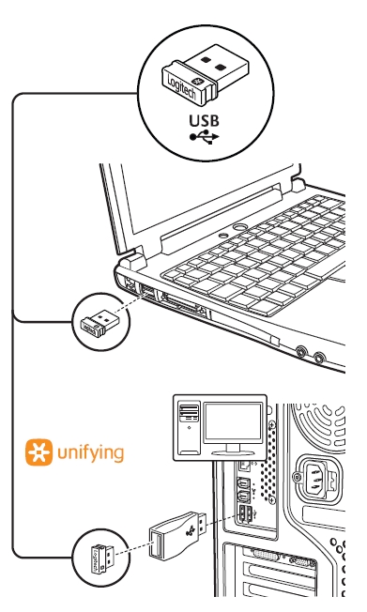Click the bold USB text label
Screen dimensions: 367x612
pyautogui.click(x=204, y=120)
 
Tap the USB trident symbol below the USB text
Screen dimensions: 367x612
pyautogui.click(x=205, y=137)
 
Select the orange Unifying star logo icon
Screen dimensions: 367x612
pyautogui.click(x=38, y=452)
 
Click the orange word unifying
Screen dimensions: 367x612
pyautogui.click(x=90, y=453)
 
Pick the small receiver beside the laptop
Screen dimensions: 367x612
pyautogui.click(x=99, y=322)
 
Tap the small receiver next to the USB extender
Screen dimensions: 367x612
pyautogui.click(x=101, y=558)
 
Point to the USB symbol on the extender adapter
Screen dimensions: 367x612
pyautogui.click(x=191, y=529)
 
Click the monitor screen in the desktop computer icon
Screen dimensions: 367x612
pyautogui.click(x=233, y=423)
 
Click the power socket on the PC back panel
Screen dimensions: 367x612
pyautogui.click(x=314, y=477)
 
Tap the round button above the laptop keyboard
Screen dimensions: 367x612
pyautogui.click(x=239, y=227)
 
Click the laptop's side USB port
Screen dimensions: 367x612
pyautogui.click(x=148, y=291)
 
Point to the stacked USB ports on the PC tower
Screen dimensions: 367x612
pyautogui.click(x=243, y=514)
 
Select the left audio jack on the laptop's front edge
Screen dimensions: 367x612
pyautogui.click(x=301, y=352)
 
